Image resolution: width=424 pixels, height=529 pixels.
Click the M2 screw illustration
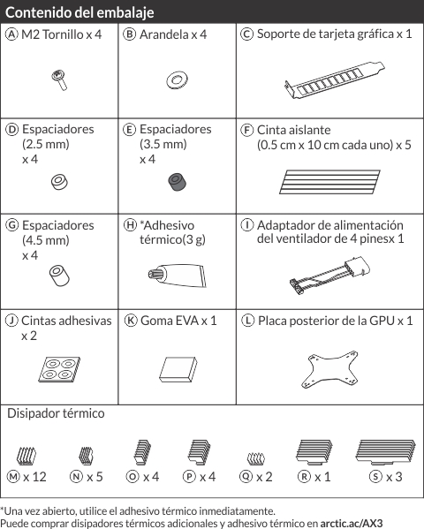59,80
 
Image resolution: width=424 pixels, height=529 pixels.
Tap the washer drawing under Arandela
177,80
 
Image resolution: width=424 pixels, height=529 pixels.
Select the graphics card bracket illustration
334,80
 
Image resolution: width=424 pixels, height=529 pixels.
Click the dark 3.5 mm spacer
178,182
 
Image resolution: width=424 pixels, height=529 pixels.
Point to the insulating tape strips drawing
329,182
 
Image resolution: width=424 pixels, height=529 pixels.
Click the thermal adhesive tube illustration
177,276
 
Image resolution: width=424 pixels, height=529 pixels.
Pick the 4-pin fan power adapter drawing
329,276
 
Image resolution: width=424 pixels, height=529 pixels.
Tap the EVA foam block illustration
178,369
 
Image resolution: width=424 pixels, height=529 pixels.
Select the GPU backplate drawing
329,370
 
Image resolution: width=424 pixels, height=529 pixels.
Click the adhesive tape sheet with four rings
59,369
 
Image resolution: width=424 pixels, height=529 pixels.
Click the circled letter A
11,34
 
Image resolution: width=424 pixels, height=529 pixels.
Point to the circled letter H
130,225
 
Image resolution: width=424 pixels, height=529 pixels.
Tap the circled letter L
248,321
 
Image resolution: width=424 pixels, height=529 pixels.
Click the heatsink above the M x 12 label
26,456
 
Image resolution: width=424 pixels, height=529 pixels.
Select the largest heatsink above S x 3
385,452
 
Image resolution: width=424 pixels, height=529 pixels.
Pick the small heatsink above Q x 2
256,458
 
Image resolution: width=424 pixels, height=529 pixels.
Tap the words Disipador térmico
56,413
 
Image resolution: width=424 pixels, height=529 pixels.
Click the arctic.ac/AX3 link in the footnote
352,524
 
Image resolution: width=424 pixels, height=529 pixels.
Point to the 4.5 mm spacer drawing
59,276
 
